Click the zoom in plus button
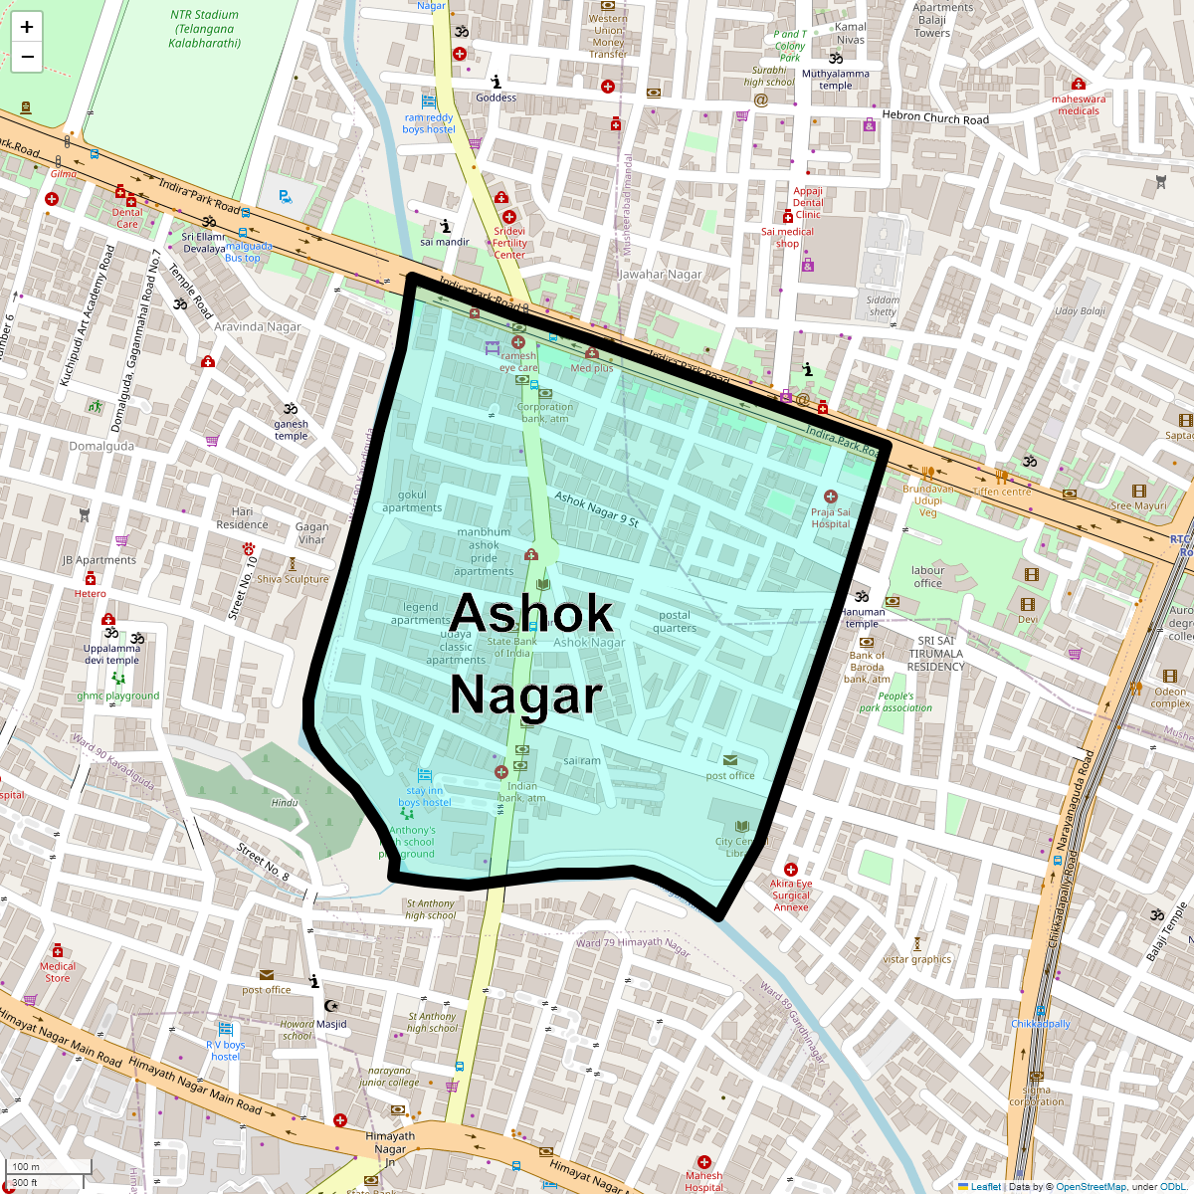coord(27,27)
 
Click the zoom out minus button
coord(27,58)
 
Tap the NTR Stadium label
coord(204,29)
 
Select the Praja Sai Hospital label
coord(831,517)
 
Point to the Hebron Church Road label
coord(935,117)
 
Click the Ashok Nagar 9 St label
coord(596,508)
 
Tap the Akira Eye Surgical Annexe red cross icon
coord(791,870)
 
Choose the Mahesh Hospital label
coord(703,1181)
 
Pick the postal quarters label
coord(675,621)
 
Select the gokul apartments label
coord(412,501)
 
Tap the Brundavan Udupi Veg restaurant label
coord(927,500)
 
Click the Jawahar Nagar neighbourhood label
coord(661,275)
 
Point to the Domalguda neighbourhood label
coord(101,446)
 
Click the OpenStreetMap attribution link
coord(1091,1186)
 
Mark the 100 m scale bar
coord(50,1167)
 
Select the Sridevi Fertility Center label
coord(509,243)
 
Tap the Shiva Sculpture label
coord(293,578)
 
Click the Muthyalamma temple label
coord(836,80)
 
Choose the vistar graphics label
coord(917,959)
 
